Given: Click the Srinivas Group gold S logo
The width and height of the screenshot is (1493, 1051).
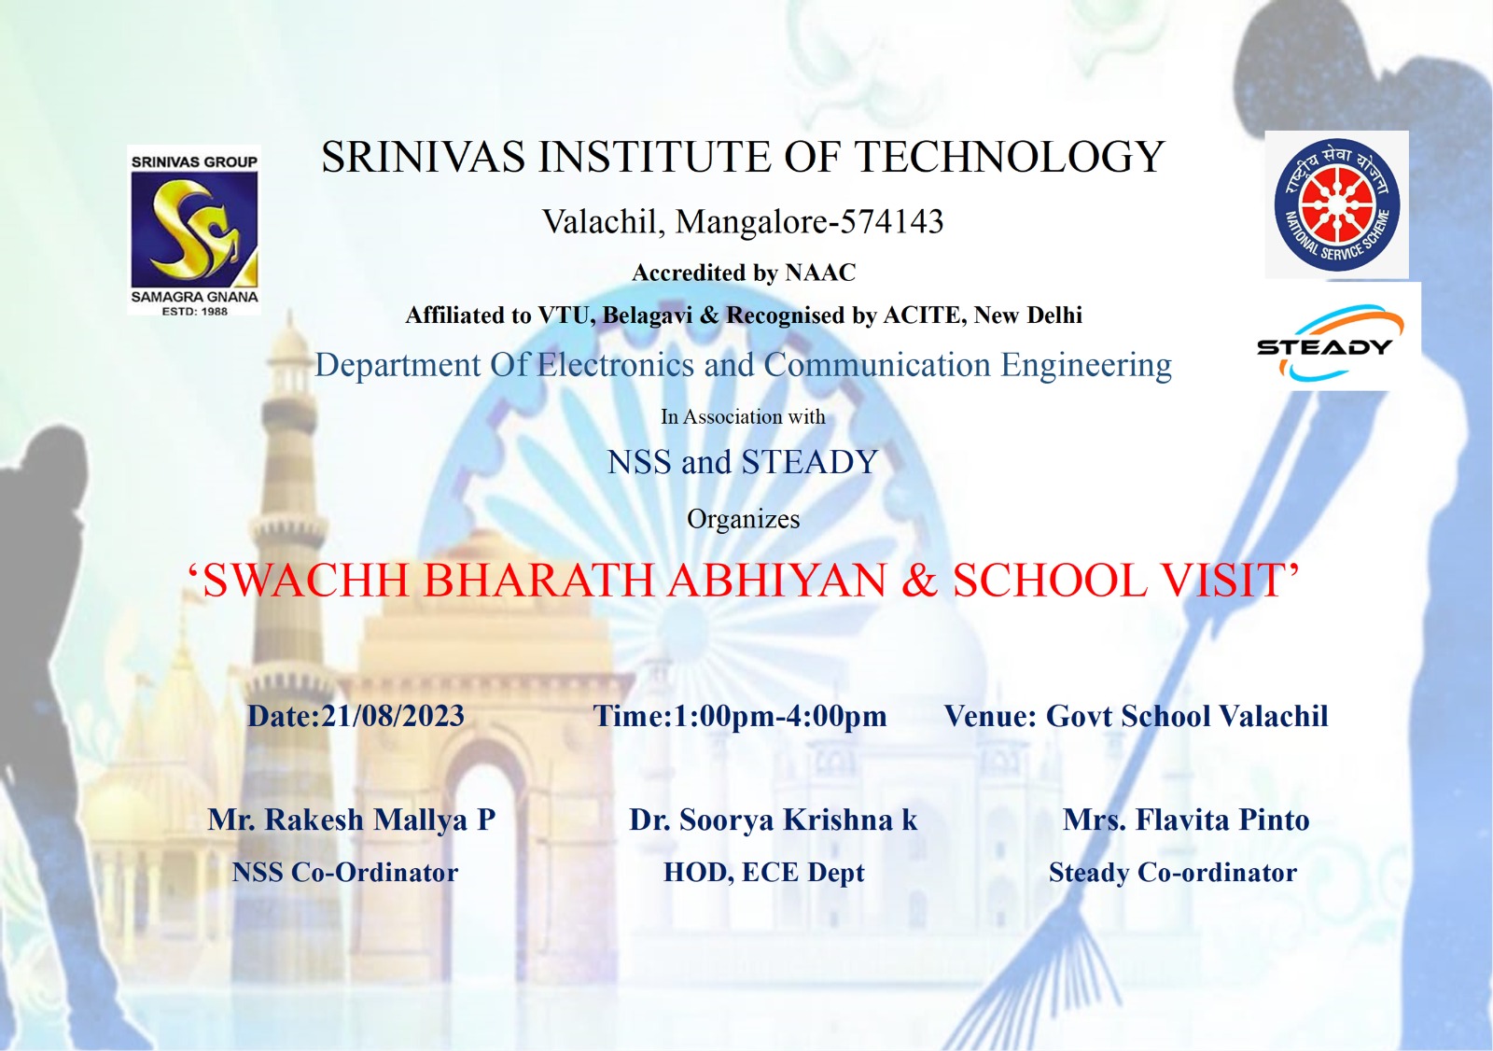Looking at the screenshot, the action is pyautogui.click(x=194, y=230).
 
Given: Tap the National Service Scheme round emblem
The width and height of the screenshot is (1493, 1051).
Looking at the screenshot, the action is pyautogui.click(x=1337, y=204).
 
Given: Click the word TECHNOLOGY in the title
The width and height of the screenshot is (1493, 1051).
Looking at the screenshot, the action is pyautogui.click(x=1009, y=158).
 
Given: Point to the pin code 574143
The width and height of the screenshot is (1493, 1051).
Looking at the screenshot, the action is pyautogui.click(x=892, y=221).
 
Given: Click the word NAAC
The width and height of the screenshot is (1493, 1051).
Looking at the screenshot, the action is pyautogui.click(x=820, y=273).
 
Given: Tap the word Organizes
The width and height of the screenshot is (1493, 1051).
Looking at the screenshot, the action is pyautogui.click(x=743, y=519).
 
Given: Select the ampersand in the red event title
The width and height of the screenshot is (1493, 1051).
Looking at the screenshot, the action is pyautogui.click(x=919, y=580).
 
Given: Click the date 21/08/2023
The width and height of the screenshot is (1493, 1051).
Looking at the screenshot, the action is pyautogui.click(x=393, y=716).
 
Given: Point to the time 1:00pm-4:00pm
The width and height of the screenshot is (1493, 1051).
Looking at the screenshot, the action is pyautogui.click(x=780, y=716).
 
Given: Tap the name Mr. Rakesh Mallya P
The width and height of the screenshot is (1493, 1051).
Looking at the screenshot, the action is pyautogui.click(x=351, y=820).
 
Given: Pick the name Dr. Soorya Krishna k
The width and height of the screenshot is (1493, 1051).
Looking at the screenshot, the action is pyautogui.click(x=774, y=820).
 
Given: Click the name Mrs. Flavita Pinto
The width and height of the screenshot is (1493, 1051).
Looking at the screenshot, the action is pyautogui.click(x=1186, y=820).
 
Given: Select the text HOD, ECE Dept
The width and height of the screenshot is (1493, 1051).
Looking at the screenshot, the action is pyautogui.click(x=764, y=873).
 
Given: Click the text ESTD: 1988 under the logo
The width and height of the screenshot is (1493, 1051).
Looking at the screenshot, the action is pyautogui.click(x=195, y=311).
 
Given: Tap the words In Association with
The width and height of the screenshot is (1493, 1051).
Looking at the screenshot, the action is pyautogui.click(x=743, y=417).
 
